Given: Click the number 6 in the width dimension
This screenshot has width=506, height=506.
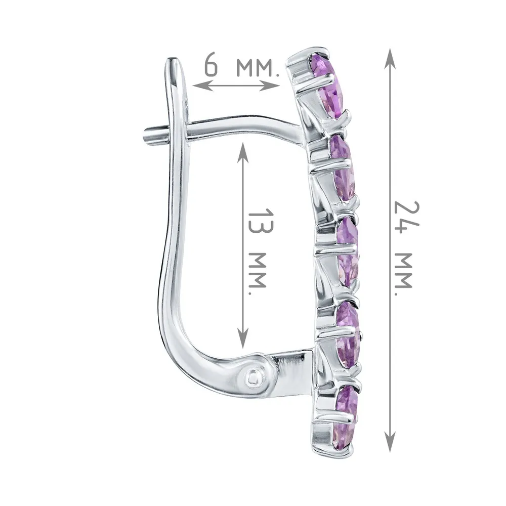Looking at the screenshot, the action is point(212,66).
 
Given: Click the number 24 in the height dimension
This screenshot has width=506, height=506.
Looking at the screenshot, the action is point(406,217).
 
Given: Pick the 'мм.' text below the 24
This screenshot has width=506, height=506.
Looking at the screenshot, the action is point(404,274).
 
